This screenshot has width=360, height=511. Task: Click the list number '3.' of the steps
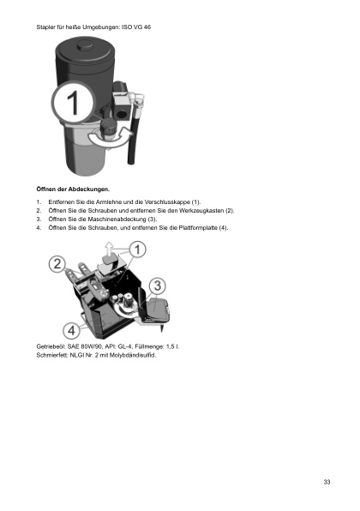tap(39, 219)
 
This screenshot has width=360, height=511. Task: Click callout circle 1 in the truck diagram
tap(138, 249)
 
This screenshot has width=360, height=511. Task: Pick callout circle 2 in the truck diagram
tap(58, 264)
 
